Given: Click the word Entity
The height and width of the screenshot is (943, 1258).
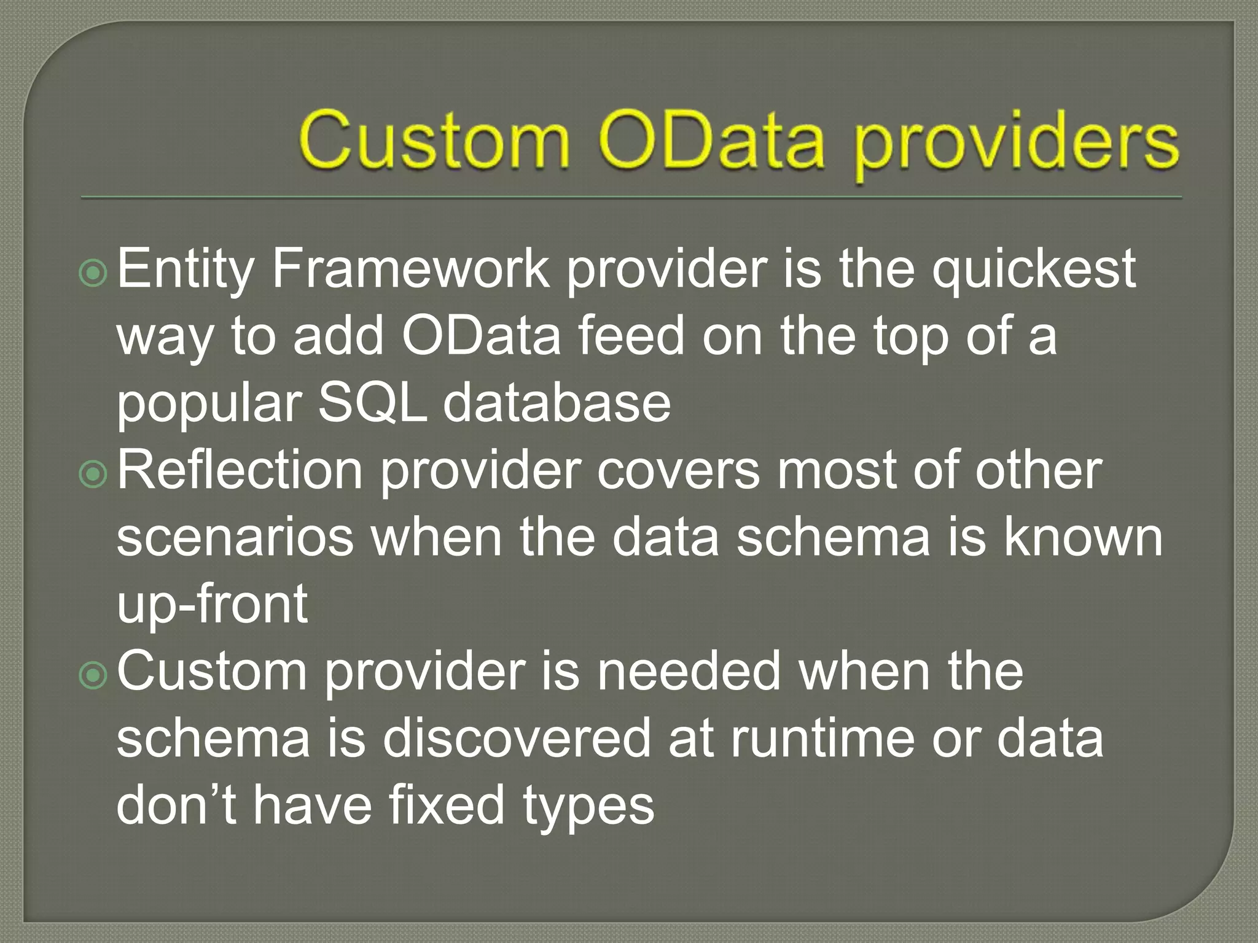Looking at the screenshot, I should pos(185,270).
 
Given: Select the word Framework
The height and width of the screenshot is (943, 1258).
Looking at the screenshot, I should pos(410,270).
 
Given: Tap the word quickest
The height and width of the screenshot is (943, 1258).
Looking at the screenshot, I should pos(1034,270).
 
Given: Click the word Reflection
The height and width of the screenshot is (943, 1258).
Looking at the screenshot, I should pos(240,470).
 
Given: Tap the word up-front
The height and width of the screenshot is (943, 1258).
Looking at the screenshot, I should pos(212,605).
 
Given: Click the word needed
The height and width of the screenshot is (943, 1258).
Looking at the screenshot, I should pos(689,671).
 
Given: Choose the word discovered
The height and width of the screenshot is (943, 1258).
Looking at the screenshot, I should pos(516,739).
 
